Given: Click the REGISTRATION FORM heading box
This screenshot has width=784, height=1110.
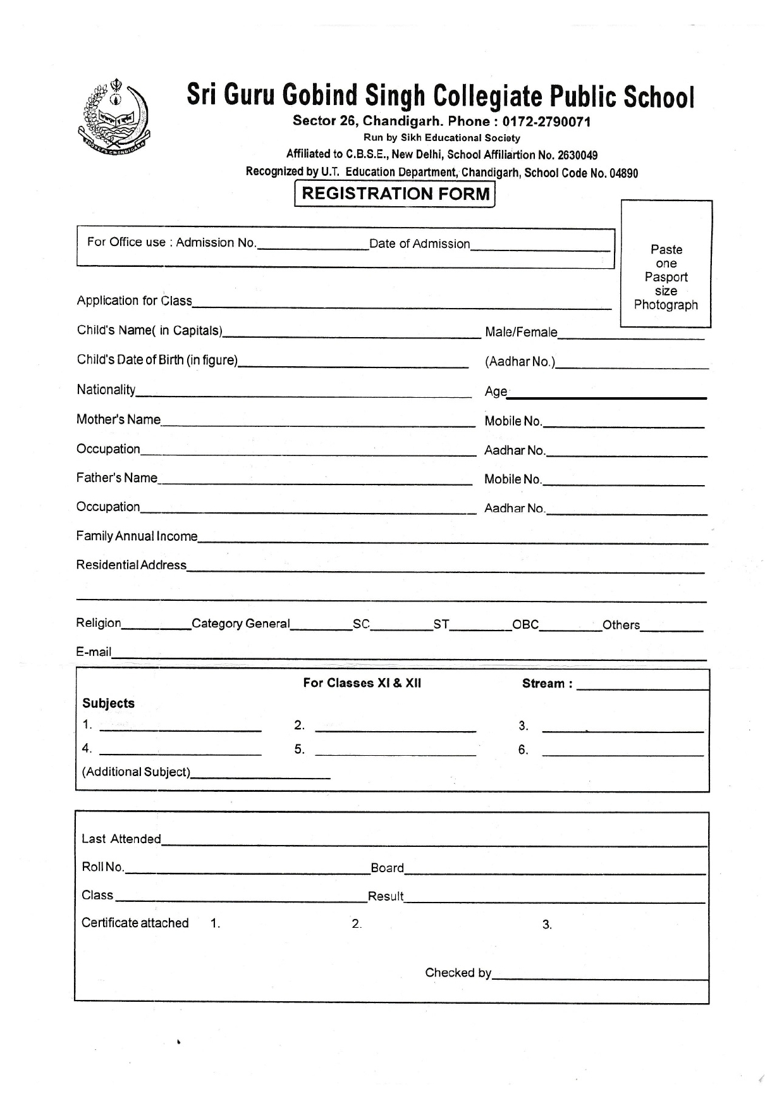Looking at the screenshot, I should point(395,194).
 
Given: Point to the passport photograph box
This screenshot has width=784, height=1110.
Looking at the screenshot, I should point(666,264).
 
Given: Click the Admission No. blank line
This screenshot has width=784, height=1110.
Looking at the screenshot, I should point(313,247).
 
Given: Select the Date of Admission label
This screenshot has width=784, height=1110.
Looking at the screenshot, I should point(419,244).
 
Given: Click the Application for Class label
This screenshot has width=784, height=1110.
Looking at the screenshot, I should point(134,300).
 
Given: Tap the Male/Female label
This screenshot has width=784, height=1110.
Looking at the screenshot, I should point(521,332).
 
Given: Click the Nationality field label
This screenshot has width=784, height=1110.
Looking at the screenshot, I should point(106,390).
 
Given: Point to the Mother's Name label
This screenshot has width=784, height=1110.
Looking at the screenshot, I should point(118,419).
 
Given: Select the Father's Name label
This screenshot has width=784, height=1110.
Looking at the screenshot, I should point(116,478).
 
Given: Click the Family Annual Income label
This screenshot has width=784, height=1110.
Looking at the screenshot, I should point(137,536).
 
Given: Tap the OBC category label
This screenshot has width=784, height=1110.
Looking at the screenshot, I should point(525,624).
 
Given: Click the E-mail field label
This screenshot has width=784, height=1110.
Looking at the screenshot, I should point(94,651).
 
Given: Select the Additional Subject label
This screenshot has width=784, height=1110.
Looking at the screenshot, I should point(136,772).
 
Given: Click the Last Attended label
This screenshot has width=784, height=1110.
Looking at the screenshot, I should point(121,839).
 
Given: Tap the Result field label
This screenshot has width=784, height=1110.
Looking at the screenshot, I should point(385,896).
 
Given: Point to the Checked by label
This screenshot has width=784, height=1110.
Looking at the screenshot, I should point(458,972).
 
